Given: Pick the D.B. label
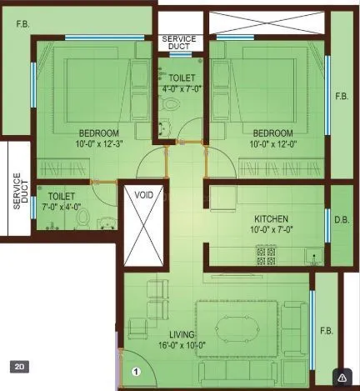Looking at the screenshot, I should tap(341, 219).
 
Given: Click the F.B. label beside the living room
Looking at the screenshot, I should tap(326, 330).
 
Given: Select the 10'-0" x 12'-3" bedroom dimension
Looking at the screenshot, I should tap(98, 144).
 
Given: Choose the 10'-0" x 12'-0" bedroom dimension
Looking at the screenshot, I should tap(272, 144).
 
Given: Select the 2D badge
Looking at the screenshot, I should tap(20, 365).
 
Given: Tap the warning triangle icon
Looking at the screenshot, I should tap(341, 374).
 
